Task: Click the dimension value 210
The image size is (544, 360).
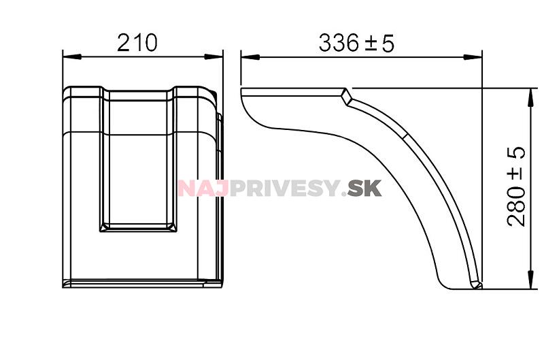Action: (x=137, y=42)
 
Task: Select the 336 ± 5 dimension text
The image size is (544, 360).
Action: (x=356, y=43)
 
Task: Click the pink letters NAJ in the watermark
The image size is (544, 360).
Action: (x=203, y=188)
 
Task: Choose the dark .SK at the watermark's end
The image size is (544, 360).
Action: (x=363, y=188)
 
